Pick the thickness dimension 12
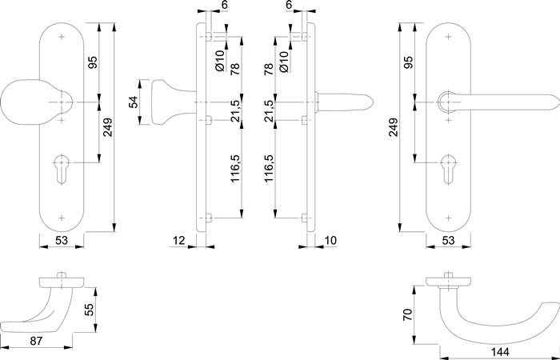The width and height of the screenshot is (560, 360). (x=178, y=239)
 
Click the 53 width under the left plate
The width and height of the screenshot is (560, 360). (x=61, y=239)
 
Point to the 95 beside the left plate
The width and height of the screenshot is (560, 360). (x=93, y=62)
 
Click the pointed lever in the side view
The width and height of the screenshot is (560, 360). (x=344, y=102)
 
